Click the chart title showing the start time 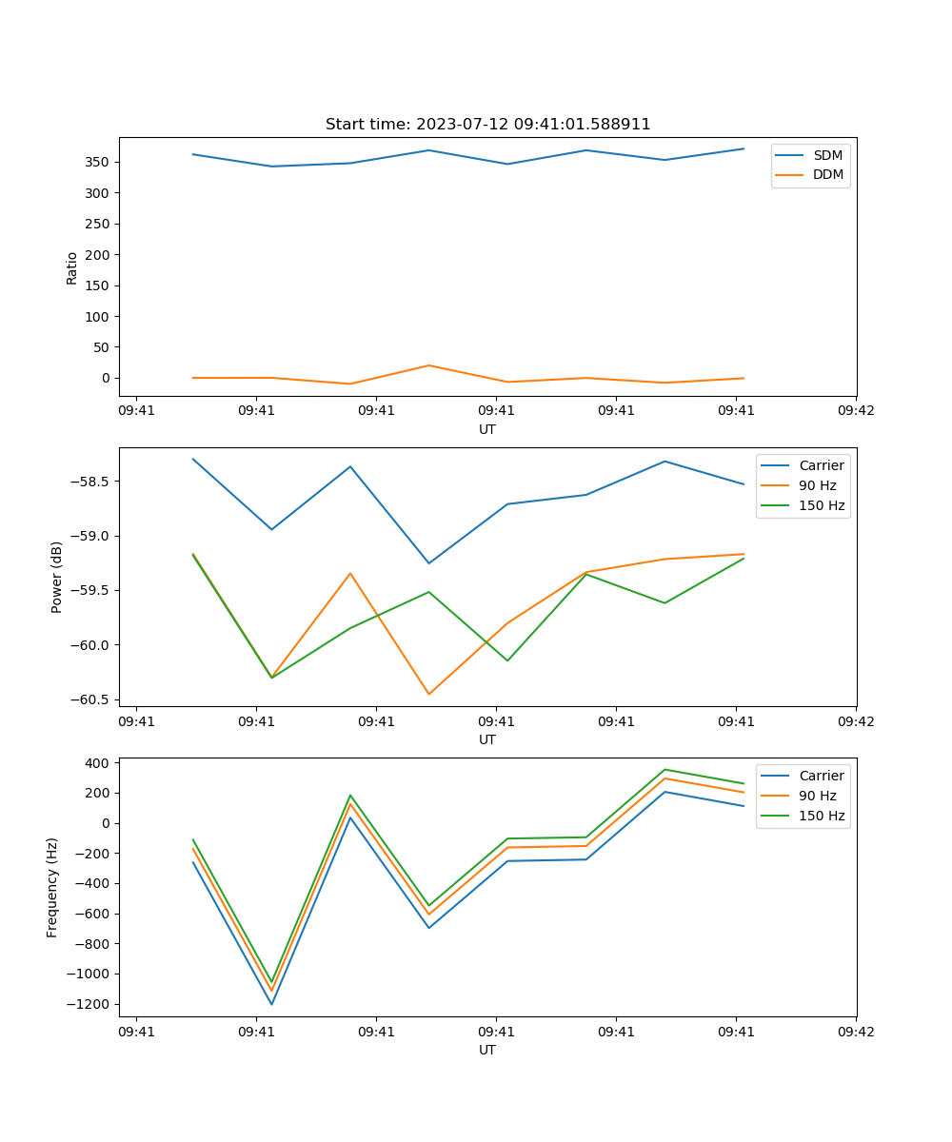point(487,125)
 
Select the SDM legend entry point(827,155)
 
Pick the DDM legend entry point(827,174)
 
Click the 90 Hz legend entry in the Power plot point(817,485)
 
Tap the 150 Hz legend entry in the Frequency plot point(822,816)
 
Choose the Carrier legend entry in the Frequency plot point(821,776)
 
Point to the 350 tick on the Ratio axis point(99,162)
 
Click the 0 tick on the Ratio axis point(106,378)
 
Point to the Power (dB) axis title point(57,577)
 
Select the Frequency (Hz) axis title point(52,887)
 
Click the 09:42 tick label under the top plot point(855,410)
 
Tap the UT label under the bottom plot point(487,1050)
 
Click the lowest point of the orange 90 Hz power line point(428,694)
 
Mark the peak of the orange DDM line point(428,365)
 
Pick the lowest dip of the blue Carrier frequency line point(271,1004)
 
